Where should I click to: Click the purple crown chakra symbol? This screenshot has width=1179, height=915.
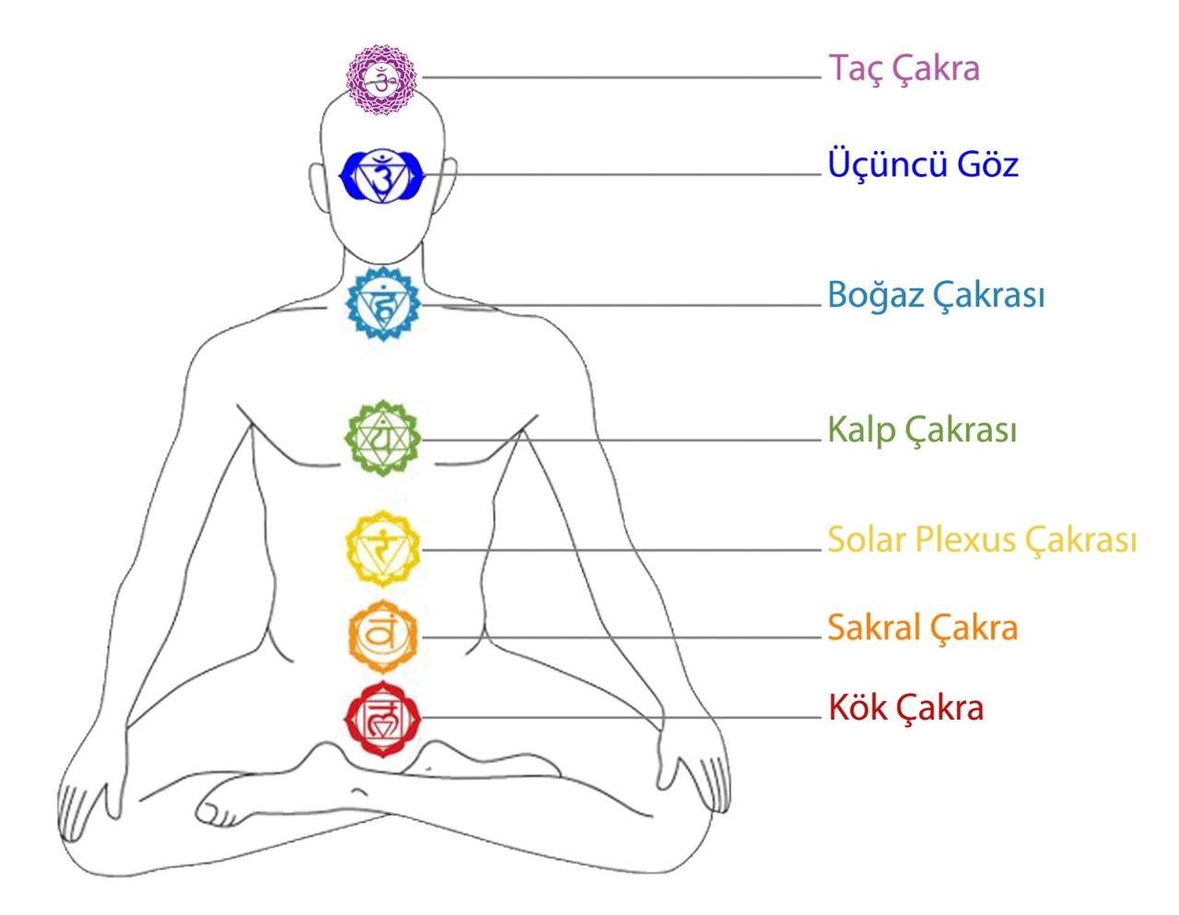click(x=381, y=79)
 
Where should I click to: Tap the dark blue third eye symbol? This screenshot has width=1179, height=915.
click(x=382, y=175)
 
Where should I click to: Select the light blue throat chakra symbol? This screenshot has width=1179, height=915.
click(x=382, y=304)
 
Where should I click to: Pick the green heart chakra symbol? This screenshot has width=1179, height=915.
click(x=382, y=439)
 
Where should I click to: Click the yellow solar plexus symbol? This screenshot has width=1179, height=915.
click(x=382, y=549)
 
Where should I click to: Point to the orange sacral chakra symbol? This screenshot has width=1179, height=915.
click(x=382, y=636)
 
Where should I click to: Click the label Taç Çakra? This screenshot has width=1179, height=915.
click(x=904, y=69)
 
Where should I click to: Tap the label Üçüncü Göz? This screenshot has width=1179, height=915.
click(x=923, y=165)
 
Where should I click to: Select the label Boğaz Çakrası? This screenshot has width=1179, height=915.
click(x=936, y=297)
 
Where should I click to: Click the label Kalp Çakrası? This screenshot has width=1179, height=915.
click(x=922, y=430)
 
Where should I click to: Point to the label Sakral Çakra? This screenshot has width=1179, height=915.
click(x=922, y=628)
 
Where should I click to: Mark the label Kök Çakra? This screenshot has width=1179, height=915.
click(x=906, y=709)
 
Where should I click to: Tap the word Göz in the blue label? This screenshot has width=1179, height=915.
click(x=987, y=165)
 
